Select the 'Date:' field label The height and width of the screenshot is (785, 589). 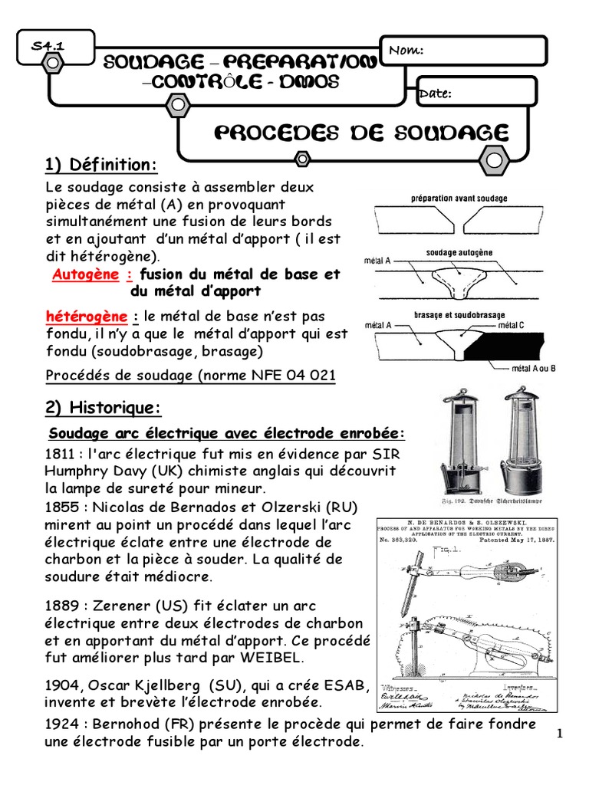coord(434,94)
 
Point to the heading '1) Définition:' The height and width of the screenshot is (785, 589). coord(102,165)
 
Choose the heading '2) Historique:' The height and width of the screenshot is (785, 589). coord(104,406)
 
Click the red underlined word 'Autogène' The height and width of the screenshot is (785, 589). coord(85,274)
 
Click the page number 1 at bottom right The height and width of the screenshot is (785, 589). coord(561,734)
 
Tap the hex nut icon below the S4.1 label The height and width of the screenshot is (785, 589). coord(51,64)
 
